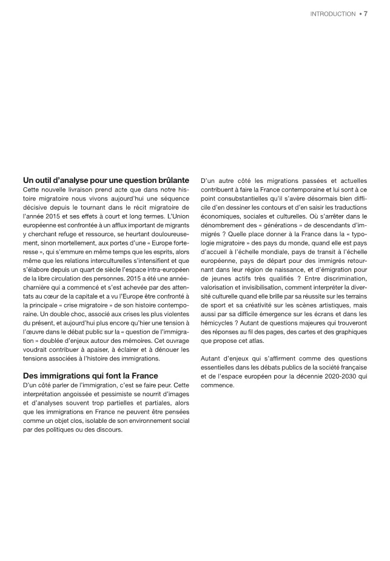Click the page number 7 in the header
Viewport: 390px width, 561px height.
pos(366,13)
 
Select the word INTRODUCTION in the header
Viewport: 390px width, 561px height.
pos(332,13)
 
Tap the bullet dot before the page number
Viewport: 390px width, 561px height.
pos(360,13)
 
